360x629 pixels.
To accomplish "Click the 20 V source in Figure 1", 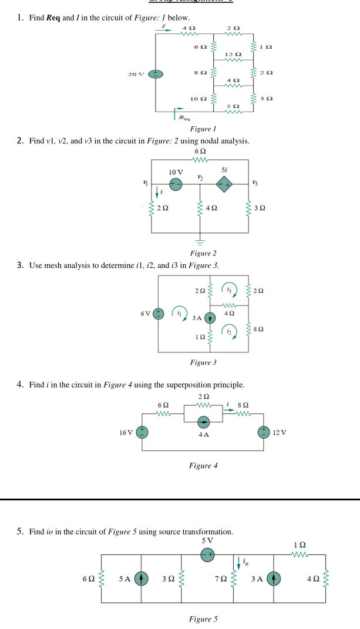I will click(x=156, y=75).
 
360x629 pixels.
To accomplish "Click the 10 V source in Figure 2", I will click(x=175, y=184).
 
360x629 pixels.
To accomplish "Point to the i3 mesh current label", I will click(x=229, y=288).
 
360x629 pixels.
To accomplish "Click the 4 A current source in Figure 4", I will click(x=203, y=422).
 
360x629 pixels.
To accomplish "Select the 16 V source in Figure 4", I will click(x=141, y=433).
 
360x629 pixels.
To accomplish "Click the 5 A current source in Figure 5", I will click(x=141, y=578).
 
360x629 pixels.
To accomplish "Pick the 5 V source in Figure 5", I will click(x=207, y=553).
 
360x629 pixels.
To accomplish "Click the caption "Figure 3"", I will click(x=203, y=362).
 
